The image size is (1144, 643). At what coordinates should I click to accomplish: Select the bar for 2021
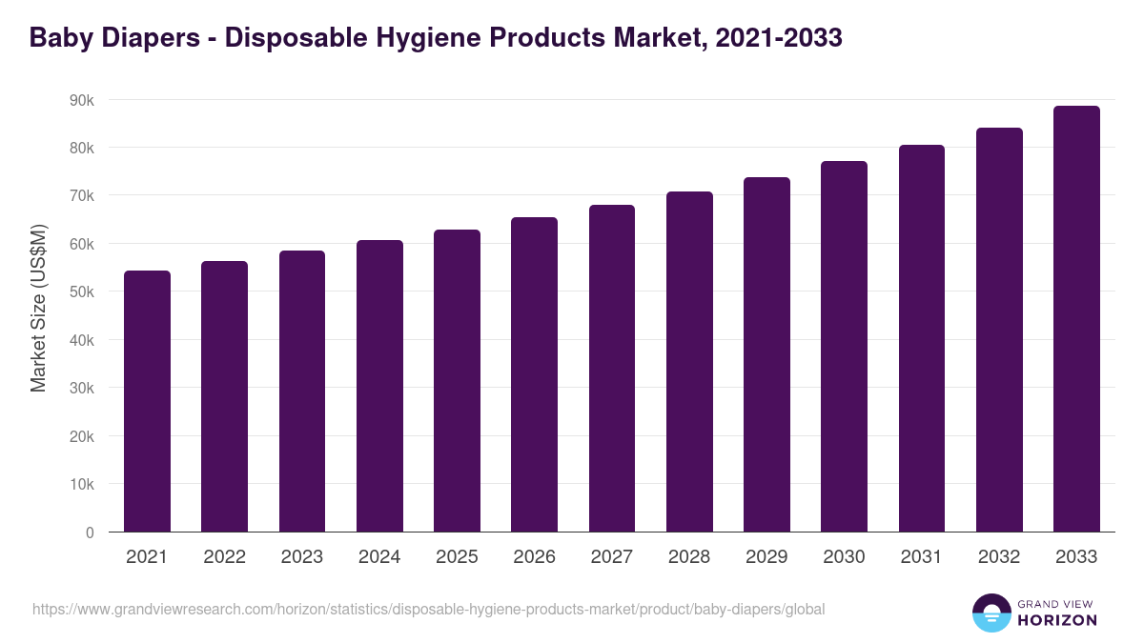pos(147,401)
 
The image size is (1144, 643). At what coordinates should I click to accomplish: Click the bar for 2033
pos(1076,319)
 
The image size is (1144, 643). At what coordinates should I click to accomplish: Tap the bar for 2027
pos(612,369)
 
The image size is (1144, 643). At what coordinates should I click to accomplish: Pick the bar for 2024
pos(379,386)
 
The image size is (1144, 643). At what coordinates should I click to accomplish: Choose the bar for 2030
pos(844,347)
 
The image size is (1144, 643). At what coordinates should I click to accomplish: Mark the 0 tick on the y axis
pos(90,532)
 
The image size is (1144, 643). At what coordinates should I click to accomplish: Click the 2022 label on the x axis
pos(224,557)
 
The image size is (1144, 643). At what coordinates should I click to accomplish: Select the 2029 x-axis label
pos(766,557)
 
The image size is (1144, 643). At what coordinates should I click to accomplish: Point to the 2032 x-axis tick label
pos(999,557)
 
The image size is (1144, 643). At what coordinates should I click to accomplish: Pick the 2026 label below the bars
pos(534,557)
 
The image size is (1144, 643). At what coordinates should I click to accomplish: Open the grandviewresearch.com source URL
pos(428,609)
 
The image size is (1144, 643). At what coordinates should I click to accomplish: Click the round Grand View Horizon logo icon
pos(991,613)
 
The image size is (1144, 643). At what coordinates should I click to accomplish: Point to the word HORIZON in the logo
pos(1058,620)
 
